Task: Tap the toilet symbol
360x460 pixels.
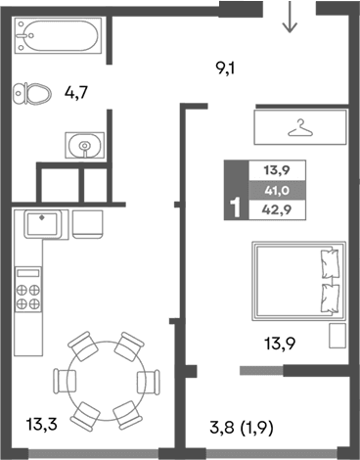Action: coord(34,93)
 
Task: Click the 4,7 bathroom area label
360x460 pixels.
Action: coord(77,94)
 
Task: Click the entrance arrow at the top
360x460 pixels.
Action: coord(289,17)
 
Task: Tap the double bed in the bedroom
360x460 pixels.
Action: coord(296,279)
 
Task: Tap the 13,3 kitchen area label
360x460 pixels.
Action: coord(41,424)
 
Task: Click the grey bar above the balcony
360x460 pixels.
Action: coord(267,369)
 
